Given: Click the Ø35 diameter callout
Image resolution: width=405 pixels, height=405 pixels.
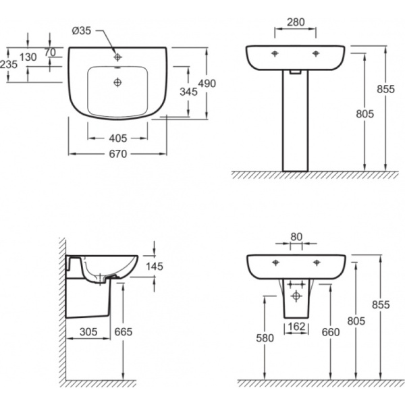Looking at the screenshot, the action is (82, 31).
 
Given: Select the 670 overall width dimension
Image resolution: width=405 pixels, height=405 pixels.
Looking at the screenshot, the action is (117, 154).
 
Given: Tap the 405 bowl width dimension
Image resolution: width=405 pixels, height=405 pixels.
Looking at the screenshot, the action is (117, 138).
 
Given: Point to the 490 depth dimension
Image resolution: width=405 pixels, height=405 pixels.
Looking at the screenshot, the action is (207, 84).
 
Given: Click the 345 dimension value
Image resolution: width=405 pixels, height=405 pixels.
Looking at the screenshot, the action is (188, 92).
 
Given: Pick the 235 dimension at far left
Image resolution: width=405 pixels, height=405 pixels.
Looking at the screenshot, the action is (9, 64).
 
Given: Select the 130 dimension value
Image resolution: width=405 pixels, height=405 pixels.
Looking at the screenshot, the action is (28, 57).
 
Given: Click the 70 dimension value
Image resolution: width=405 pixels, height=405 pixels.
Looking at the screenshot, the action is (50, 53).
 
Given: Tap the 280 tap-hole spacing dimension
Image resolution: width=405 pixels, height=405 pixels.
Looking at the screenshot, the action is (296, 22).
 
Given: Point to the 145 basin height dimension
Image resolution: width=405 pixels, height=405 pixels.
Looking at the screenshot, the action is (155, 267).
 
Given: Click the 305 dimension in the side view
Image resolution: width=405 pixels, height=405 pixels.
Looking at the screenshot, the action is (88, 332).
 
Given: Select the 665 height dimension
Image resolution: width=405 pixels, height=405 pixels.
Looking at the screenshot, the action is (124, 332).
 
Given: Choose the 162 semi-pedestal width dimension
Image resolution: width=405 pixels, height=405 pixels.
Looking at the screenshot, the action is (296, 327).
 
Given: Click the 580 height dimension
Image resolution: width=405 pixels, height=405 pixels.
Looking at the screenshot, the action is (265, 338).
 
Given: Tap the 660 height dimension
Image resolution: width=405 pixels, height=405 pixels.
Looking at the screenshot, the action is (331, 332).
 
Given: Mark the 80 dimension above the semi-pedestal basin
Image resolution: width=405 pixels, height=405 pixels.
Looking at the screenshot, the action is (296, 237).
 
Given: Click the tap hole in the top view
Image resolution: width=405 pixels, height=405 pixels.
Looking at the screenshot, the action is (117, 57).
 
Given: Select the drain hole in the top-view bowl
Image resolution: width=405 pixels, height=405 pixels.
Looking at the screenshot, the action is (117, 82).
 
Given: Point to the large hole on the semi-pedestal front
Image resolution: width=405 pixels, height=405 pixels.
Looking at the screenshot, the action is (296, 296).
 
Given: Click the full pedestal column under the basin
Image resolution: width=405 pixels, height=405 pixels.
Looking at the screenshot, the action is (296, 121).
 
